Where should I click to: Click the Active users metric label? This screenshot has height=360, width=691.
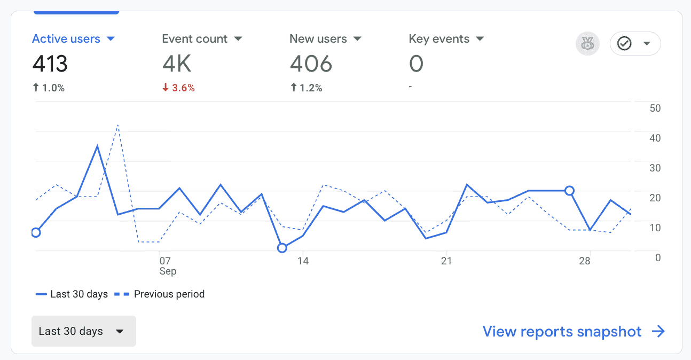tap(66, 39)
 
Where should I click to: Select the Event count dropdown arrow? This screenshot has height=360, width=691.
tap(238, 39)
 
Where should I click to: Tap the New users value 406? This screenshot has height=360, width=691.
tap(311, 65)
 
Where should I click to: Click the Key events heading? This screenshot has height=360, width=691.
tap(439, 39)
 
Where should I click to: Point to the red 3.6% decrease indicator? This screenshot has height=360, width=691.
tap(178, 88)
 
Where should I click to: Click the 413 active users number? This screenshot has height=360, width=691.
tap(50, 65)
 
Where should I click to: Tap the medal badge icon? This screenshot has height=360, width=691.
tap(587, 44)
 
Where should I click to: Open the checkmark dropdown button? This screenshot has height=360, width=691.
tap(635, 44)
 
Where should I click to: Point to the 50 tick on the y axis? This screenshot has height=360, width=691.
tap(654, 108)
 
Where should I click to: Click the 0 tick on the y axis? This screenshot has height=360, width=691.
tap(657, 258)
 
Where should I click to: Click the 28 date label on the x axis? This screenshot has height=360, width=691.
tap(585, 261)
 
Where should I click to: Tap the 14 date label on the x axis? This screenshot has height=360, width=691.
tap(303, 261)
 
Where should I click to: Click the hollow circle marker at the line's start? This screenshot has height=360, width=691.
tap(36, 232)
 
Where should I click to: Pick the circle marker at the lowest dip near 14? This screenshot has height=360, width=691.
tap(282, 248)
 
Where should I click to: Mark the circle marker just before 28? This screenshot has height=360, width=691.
tap(569, 191)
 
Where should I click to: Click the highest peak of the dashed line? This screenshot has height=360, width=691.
tap(117, 125)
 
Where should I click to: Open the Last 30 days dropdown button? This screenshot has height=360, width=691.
tap(83, 331)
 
